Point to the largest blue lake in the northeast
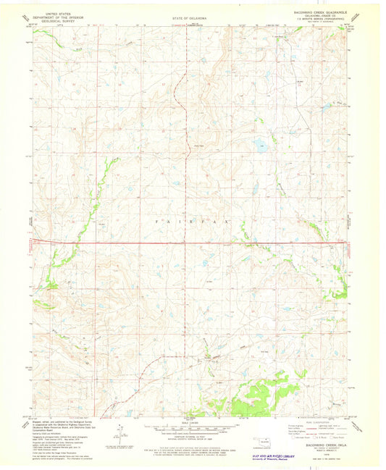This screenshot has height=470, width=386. pyautogui.click(x=259, y=146)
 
